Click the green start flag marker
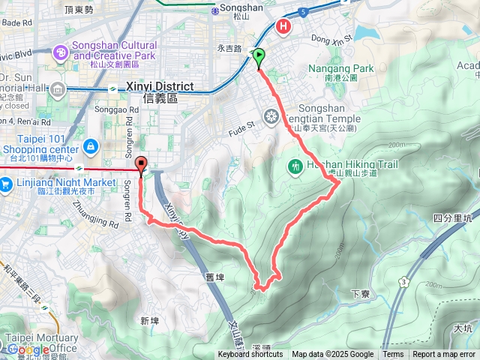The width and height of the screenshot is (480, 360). (259, 55)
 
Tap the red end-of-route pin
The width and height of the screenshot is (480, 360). (141, 163)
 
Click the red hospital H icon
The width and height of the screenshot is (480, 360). (284, 27)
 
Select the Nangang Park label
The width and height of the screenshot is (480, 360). (340, 69)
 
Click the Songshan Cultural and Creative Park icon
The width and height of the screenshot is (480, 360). (59, 52)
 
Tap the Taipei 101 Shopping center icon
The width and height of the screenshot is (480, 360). (91, 145)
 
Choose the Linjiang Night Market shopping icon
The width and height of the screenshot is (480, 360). (5, 183)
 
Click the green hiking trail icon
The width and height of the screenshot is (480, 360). (295, 165)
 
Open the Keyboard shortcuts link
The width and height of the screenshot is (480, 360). (251, 355)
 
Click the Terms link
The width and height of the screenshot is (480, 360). (393, 355)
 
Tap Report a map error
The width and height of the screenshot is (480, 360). (444, 355)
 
